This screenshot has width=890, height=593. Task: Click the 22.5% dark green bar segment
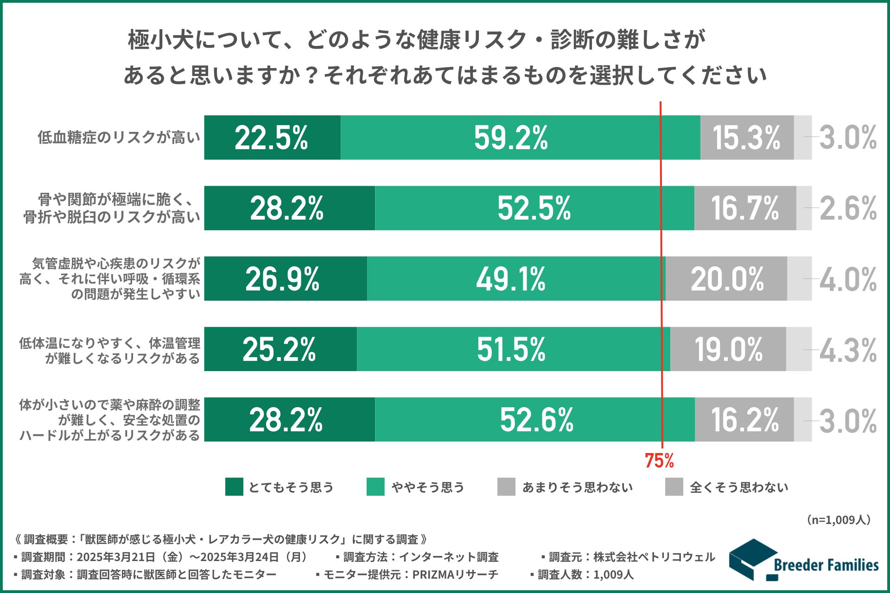click(x=272, y=138)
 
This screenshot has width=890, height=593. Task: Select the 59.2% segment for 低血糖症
click(x=520, y=138)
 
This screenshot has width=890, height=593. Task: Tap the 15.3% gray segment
click(x=747, y=138)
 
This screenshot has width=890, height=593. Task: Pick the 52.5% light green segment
click(x=534, y=208)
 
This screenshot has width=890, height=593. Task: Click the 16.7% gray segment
click(x=745, y=208)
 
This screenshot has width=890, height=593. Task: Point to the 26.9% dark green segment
click(x=286, y=278)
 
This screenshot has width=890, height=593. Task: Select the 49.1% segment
click(x=516, y=278)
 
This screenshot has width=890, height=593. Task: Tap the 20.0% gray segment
click(x=726, y=278)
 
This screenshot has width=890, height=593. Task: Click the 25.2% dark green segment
click(x=280, y=349)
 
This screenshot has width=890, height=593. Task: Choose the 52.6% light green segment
click(x=534, y=419)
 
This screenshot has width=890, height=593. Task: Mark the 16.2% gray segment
click(x=744, y=419)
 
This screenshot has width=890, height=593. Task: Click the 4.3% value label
click(x=848, y=350)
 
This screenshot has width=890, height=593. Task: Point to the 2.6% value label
click(x=848, y=208)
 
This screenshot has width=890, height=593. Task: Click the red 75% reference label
click(x=659, y=461)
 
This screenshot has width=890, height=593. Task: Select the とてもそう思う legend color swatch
click(x=234, y=487)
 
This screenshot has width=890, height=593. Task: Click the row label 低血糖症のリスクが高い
click(x=119, y=138)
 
